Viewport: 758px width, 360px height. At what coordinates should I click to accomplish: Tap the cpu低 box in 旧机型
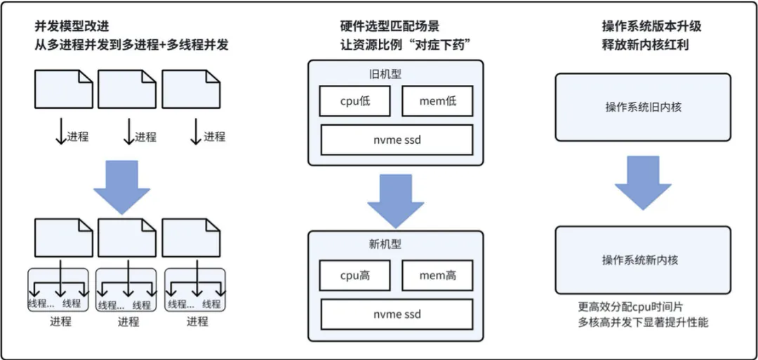[354, 101]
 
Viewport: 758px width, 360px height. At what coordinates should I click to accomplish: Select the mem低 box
[437, 101]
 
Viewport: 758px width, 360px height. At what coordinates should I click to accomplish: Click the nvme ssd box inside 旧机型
[397, 140]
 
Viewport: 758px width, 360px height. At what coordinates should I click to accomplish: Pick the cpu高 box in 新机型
[354, 275]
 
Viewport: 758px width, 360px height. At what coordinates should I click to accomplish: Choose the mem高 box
[437, 275]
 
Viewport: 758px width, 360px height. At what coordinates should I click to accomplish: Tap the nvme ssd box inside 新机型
[397, 314]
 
